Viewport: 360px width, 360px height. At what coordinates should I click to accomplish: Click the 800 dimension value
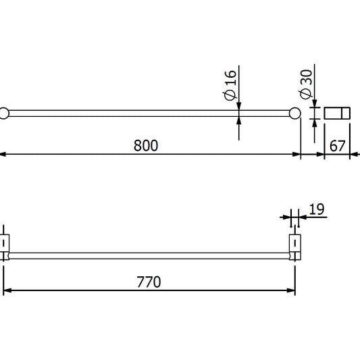click(145, 145)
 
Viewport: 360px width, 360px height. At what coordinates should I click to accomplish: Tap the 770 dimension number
click(149, 282)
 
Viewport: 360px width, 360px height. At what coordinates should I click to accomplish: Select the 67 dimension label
click(337, 145)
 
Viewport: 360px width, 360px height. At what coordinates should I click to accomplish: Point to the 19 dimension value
click(316, 209)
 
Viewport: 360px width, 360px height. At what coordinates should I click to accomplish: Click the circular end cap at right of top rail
click(294, 113)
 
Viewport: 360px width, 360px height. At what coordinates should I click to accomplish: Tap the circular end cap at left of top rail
click(3, 113)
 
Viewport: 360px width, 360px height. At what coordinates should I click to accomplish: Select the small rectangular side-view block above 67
click(337, 113)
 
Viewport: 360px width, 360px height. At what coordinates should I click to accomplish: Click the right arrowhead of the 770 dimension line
click(292, 291)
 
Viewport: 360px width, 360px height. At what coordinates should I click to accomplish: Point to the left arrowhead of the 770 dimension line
click(7, 291)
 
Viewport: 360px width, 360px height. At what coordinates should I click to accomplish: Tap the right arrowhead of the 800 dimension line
click(296, 155)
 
